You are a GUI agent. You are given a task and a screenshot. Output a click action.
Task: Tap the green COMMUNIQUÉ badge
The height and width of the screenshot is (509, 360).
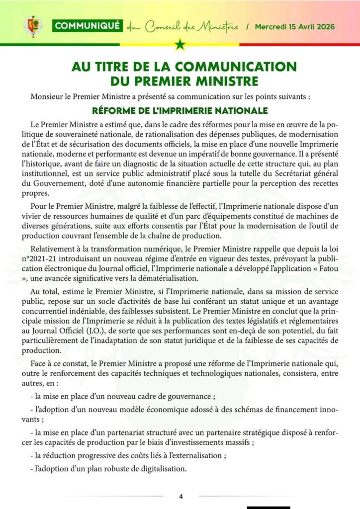87,26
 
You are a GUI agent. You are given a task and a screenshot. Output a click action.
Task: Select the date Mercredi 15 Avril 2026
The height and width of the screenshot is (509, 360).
294,26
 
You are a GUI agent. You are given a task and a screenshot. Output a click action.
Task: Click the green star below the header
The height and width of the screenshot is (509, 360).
180,46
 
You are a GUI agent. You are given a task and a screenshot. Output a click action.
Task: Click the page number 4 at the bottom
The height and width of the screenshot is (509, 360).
181,496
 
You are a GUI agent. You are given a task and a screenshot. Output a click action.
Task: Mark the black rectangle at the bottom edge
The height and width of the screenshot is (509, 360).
268,507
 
